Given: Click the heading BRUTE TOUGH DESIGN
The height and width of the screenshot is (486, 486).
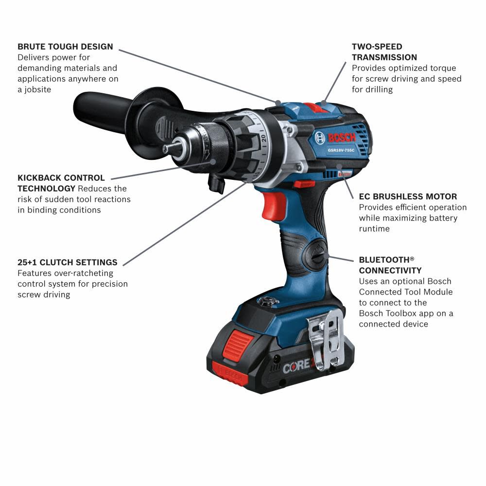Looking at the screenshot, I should [65, 47].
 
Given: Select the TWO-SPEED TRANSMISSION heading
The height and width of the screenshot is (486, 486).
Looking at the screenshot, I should [384, 52].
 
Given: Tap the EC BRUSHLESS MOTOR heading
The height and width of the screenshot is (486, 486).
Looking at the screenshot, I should [408, 196].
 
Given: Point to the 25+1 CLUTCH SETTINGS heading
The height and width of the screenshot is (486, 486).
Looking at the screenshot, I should [67, 262].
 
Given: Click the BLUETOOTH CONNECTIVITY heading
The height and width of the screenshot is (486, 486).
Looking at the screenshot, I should [390, 265].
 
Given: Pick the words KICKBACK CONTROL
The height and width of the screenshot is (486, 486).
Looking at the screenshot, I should [61, 178].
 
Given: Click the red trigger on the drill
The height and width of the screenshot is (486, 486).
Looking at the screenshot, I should [273, 204].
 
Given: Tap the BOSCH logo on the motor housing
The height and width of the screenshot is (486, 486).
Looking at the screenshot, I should [342, 138].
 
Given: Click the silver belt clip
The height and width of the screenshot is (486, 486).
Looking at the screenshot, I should [326, 340].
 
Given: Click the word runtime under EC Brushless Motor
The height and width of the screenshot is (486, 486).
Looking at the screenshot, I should [374, 228].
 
